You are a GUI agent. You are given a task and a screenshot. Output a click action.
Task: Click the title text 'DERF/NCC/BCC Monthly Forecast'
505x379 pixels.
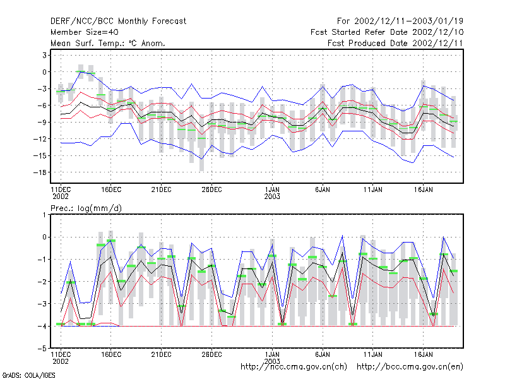pos(118,21)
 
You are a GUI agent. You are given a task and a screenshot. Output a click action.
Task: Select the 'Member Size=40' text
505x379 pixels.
pos(85,32)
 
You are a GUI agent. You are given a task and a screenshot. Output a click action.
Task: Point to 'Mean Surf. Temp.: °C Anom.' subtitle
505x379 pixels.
pos(108,43)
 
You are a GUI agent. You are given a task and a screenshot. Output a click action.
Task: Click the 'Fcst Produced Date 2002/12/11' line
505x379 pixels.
pos(395,43)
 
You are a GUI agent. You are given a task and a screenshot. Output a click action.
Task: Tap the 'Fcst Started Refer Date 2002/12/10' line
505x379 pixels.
pos(387,32)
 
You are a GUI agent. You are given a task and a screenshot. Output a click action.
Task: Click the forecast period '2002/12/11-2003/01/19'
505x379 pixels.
pos(408,21)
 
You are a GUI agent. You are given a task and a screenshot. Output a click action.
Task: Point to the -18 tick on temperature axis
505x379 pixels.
pos(40,172)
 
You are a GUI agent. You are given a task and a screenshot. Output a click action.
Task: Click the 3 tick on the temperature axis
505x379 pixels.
pos(44,55)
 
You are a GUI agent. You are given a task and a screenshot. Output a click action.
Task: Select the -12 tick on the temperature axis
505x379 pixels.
pos(40,139)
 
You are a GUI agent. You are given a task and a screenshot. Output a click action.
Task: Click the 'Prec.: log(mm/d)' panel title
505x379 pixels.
pos(86,208)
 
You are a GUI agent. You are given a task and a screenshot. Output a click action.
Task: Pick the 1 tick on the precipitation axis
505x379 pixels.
pos(44,215)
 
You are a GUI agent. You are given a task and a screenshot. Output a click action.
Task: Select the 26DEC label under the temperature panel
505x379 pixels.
pos(211,190)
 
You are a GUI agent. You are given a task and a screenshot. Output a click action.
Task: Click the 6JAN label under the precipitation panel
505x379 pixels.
pos(323,354)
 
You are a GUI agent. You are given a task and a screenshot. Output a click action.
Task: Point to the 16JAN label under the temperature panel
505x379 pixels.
pos(423,190)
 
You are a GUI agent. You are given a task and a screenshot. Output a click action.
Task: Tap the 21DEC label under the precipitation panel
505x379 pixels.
pos(162,354)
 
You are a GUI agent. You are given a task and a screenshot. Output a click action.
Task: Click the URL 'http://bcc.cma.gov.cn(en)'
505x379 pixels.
pos(410,367)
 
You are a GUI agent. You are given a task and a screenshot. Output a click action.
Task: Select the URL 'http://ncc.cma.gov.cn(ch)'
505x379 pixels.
pos(294,367)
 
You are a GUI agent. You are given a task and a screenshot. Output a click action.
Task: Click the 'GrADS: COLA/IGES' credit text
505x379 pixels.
pos(28,375)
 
